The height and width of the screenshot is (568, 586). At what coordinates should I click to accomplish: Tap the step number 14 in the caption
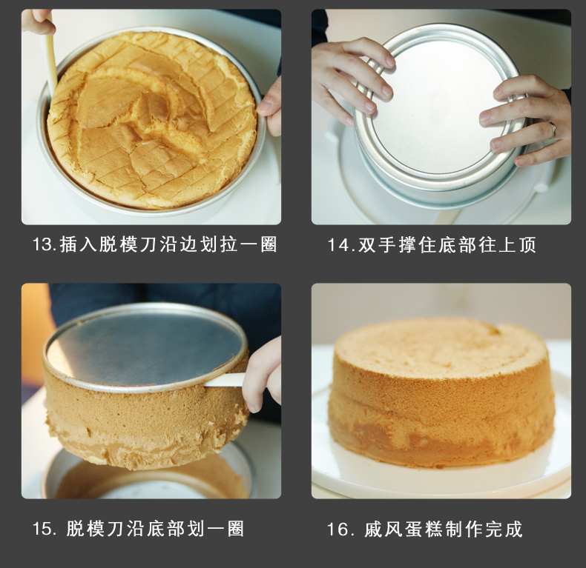337,245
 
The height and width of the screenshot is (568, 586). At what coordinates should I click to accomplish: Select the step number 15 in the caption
42,529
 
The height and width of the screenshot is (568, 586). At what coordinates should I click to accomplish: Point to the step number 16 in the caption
337,529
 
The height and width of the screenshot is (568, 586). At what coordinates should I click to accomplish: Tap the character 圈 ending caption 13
269,245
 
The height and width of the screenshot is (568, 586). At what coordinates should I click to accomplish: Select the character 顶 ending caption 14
527,245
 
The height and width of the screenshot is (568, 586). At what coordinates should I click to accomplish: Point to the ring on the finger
553,129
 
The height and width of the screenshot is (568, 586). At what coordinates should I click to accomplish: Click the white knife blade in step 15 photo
224,381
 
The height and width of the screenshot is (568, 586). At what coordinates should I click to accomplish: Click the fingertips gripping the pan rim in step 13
269,107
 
